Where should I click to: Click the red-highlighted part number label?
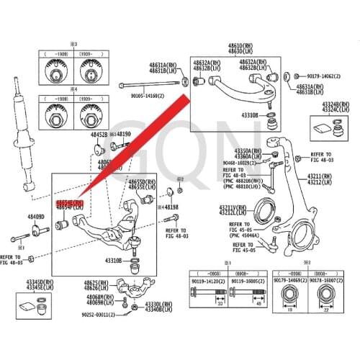click(71, 204)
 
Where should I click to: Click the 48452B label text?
click(99, 135)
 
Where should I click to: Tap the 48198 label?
click(170, 207)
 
